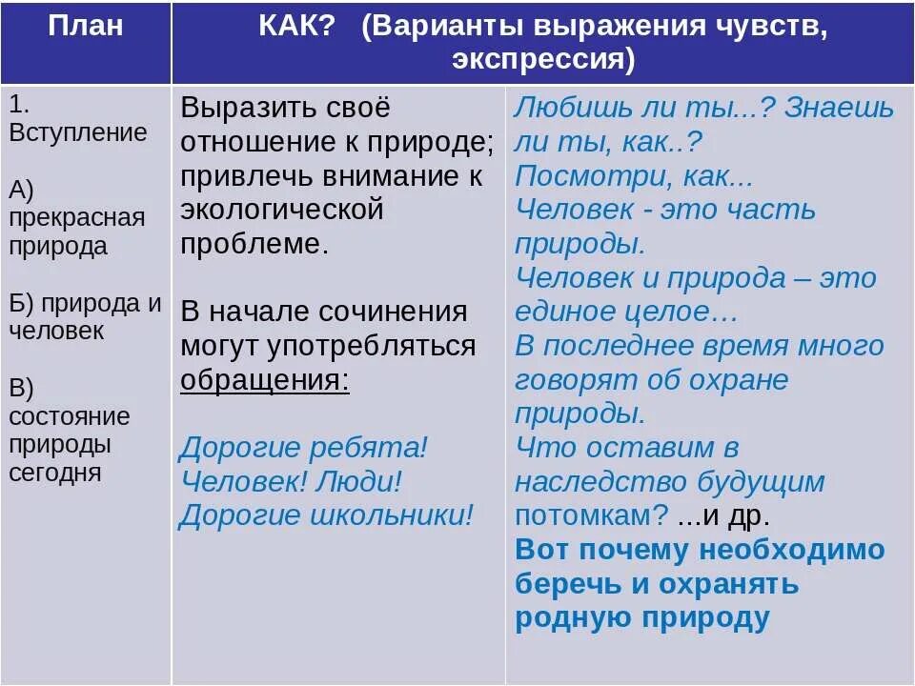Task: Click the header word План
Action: coord(86,25)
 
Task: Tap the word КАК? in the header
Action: coord(296,25)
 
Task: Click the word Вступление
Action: coord(78,131)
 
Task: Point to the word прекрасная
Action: coord(77,217)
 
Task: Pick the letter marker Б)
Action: coord(23,304)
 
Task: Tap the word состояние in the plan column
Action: coord(70,417)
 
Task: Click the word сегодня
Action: coord(55,472)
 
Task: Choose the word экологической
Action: coord(282,208)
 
